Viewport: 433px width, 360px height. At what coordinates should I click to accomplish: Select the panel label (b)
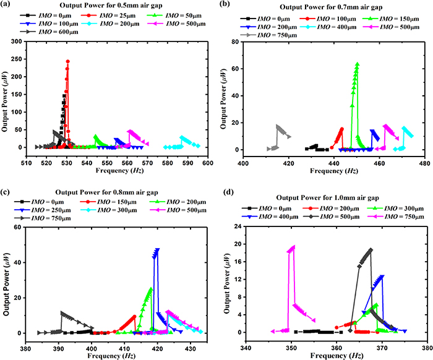(x=224, y=6)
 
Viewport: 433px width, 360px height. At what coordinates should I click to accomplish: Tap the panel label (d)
(x=224, y=184)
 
